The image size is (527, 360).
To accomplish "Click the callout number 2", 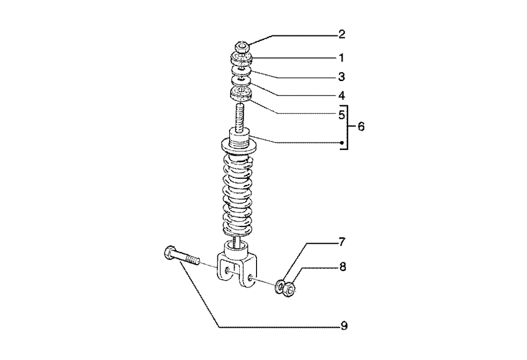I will [342, 34].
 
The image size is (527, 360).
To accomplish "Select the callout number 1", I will [342, 58].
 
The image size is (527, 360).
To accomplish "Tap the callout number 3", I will [342, 77].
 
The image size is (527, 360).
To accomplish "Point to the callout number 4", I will [342, 95].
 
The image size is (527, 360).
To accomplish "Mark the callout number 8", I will [342, 267].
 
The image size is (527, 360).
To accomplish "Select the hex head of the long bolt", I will [169, 252].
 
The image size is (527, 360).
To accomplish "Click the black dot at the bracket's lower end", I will [342, 144].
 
